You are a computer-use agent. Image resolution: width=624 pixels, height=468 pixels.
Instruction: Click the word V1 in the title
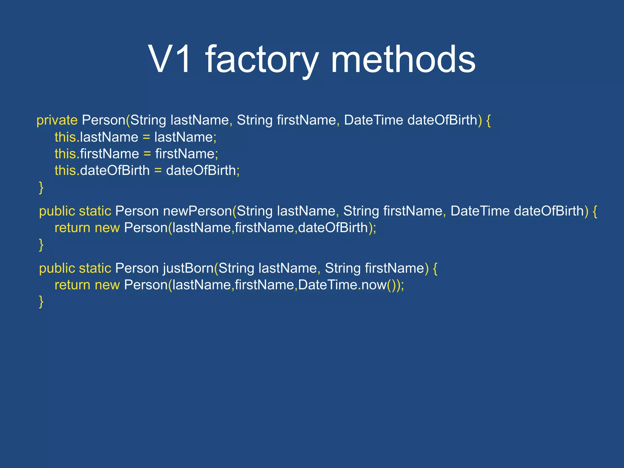tap(170, 59)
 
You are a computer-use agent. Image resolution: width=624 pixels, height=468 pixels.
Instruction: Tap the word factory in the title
tap(262, 60)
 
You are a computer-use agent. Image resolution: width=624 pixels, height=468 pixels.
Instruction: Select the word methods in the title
tap(403, 59)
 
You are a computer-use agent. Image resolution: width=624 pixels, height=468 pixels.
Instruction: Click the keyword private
tap(57, 120)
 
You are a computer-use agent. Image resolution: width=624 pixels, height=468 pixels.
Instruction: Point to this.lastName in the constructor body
tap(96, 137)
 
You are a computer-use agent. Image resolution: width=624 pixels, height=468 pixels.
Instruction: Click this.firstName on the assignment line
tap(97, 154)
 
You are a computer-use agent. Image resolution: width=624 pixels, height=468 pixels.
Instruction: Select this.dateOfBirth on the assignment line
tap(102, 170)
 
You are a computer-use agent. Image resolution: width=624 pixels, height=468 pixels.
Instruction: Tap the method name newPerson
tap(197, 211)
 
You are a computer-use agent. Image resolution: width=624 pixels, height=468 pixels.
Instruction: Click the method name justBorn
tap(188, 268)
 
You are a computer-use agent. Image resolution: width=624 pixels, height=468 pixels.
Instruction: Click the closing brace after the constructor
tap(41, 187)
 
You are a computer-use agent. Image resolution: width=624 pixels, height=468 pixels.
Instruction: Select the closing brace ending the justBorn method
tap(41, 302)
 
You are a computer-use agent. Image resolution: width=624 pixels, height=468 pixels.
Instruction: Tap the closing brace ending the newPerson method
tap(41, 245)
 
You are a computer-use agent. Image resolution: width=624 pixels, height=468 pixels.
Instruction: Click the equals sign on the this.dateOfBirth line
tap(158, 171)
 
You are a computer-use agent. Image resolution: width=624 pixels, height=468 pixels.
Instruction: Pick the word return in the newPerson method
tap(72, 228)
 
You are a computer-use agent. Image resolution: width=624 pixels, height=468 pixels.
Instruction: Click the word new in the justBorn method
tap(107, 285)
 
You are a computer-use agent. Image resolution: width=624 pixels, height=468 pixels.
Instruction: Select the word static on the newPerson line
tap(95, 211)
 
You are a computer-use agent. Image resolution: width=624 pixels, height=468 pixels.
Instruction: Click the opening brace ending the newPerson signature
tap(595, 211)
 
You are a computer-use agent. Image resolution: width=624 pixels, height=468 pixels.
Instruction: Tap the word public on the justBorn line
tap(57, 268)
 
